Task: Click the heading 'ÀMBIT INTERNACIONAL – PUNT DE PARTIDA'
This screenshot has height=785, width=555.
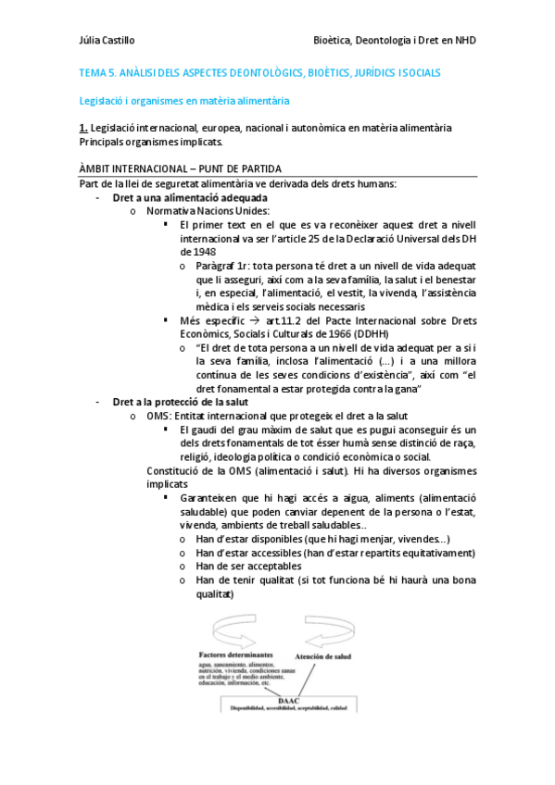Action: click(x=181, y=168)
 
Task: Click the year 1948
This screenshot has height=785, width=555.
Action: click(x=193, y=251)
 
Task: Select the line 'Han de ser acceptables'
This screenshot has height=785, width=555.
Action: click(x=248, y=567)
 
